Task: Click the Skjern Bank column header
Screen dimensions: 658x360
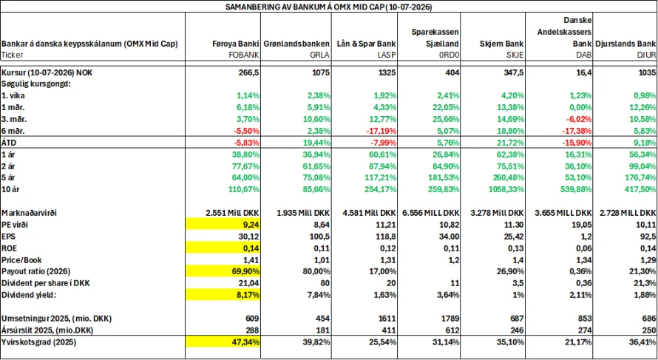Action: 501,44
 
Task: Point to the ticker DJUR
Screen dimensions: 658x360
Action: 647,55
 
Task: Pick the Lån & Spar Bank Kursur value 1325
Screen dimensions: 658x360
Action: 387,72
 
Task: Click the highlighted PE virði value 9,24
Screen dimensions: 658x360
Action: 251,225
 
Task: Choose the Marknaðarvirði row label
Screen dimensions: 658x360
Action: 29,213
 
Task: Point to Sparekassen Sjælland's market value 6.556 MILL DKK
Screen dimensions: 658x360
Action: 431,213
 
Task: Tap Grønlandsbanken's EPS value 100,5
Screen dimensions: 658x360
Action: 321,237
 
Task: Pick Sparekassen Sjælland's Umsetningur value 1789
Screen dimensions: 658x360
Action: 452,319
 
